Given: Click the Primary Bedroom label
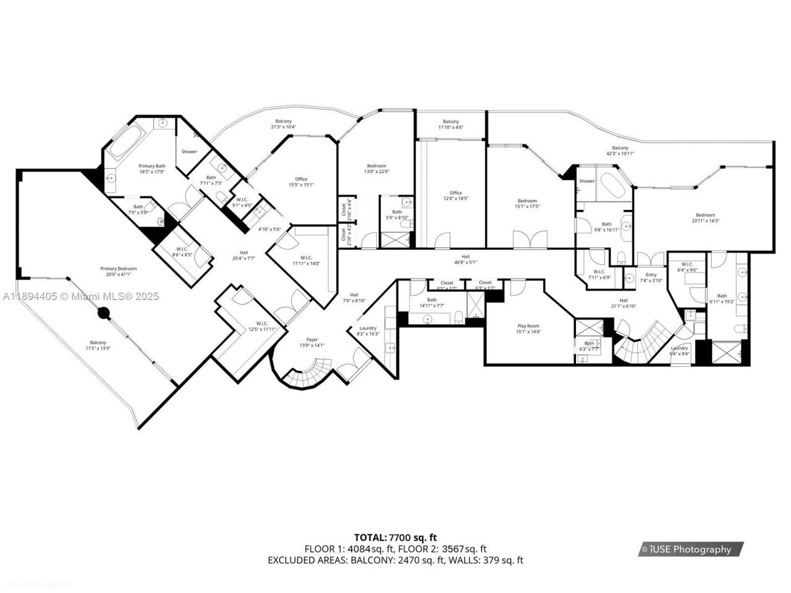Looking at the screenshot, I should point(118,269).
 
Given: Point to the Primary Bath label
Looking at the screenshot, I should point(151,166).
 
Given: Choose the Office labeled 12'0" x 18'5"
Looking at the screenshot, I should point(455,193).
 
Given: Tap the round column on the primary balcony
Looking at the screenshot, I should point(103,314).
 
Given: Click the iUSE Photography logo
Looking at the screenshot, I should point(690,549).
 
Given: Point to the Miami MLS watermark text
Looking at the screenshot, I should point(80,296).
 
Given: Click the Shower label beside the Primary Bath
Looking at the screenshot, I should point(189,151).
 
